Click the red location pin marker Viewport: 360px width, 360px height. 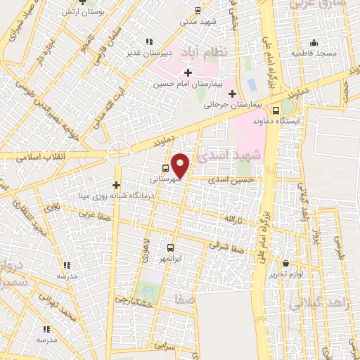tap(181, 165)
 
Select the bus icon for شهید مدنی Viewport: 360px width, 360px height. tap(198, 10)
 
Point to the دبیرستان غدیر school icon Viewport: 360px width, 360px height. tap(148, 41)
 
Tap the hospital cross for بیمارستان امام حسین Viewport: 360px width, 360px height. tap(188, 72)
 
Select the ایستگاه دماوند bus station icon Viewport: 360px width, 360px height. tap(276, 110)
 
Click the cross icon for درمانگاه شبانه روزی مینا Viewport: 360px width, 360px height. tap(117, 185)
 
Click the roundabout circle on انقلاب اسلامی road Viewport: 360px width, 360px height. tap(119, 152)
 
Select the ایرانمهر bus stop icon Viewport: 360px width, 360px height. tap(170, 247)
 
